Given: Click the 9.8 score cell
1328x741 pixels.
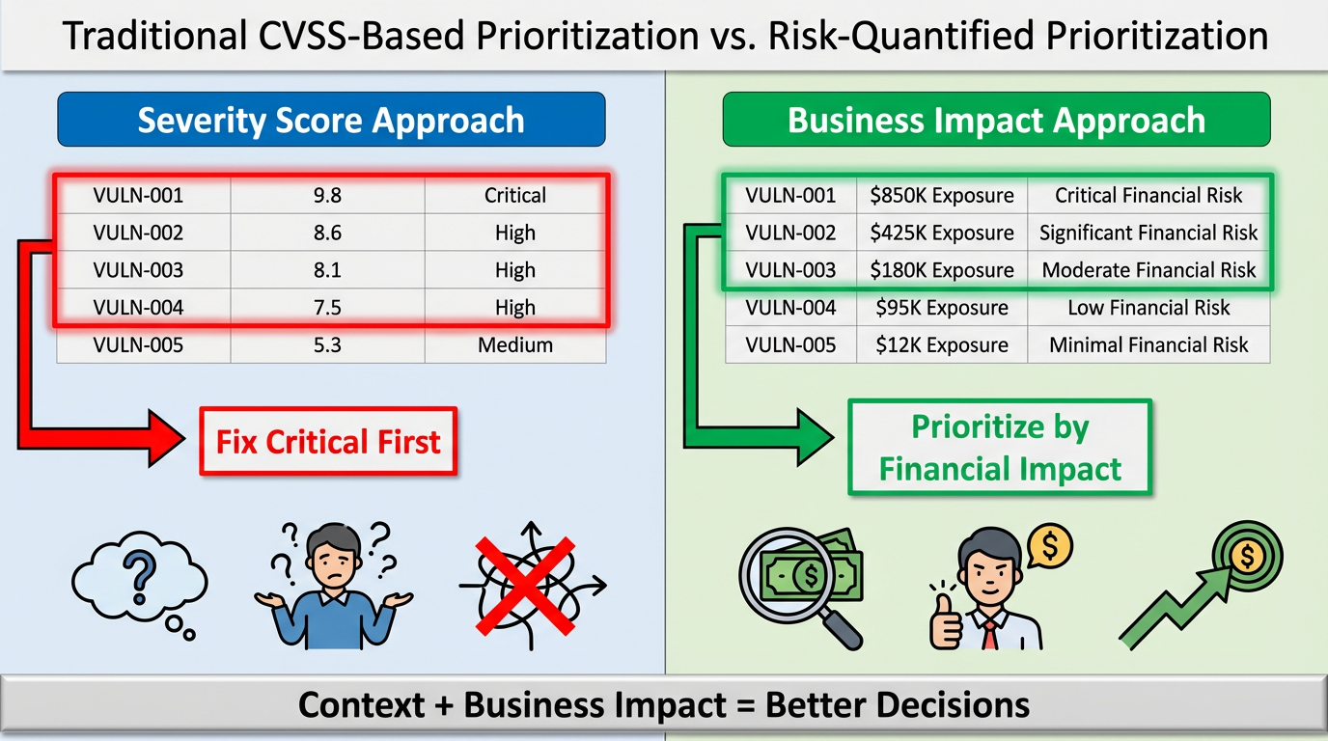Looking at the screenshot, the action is coord(327,195).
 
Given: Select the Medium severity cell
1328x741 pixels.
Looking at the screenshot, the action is coord(515,344).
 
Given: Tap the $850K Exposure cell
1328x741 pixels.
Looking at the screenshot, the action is coord(941,195).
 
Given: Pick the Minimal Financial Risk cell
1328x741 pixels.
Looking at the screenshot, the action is coord(1148,344).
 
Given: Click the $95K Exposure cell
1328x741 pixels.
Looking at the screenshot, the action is coord(941,307).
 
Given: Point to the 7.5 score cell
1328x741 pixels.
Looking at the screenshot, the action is coord(327,307).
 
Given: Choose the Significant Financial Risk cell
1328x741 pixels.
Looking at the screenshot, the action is coord(1148,233).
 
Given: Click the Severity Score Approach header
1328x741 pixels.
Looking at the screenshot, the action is coord(331,119).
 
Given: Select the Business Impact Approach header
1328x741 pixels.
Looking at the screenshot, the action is coord(997,119).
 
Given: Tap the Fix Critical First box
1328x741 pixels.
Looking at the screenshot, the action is coord(328,441).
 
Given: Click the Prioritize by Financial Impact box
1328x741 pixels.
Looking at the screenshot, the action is coord(1000,447).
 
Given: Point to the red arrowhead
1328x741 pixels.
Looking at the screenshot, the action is coord(166,439).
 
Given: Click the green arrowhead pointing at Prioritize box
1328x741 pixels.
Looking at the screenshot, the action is coord(816,437).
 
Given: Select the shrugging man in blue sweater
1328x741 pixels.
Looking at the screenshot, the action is coord(334,586).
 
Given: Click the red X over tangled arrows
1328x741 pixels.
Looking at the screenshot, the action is coord(525,587).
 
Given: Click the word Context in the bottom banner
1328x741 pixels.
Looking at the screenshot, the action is coord(362,705).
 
